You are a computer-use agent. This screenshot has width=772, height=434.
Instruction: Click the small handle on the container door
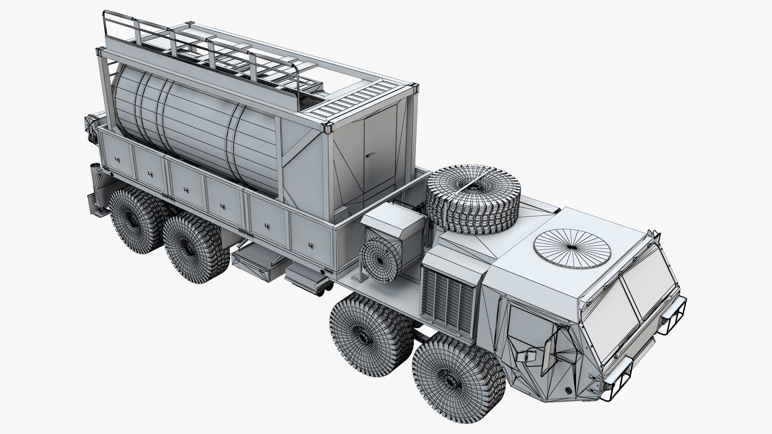coord(370,153)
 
